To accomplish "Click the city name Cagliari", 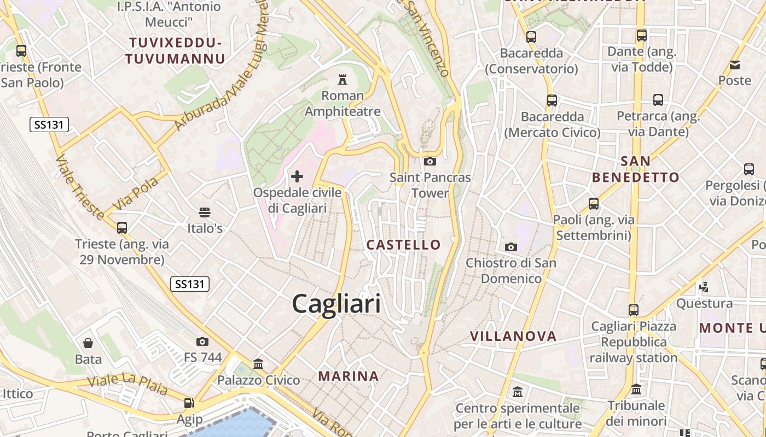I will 336,303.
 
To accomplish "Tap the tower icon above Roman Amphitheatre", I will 343,80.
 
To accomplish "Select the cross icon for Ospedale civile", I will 297,176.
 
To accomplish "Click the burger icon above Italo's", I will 205,212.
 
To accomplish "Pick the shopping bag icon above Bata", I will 88,343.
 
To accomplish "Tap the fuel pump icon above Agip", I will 189,403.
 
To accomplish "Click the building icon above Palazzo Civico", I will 258,364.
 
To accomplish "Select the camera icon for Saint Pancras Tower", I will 430,161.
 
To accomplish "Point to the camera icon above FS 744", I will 202,341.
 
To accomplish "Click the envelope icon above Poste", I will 735,65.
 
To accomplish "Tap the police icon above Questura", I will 704,286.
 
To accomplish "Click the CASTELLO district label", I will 404,245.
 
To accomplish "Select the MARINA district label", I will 349,376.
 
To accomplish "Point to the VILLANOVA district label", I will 513,336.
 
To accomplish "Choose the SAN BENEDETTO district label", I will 636,169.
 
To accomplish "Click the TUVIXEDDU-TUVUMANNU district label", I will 175,51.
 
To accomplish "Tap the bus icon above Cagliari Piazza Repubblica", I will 634,310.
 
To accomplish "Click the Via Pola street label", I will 135,193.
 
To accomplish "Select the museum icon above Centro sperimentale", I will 518,392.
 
